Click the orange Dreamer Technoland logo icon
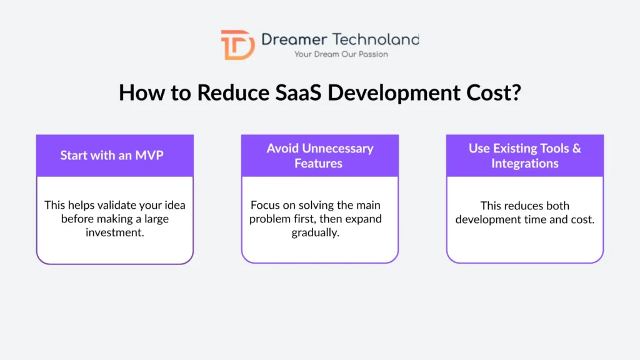pyautogui.click(x=237, y=44)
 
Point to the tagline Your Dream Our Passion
pyautogui.click(x=341, y=54)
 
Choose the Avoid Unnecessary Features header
pyautogui.click(x=320, y=156)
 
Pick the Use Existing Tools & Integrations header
pyautogui.click(x=525, y=156)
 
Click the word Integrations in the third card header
pyautogui.click(x=525, y=164)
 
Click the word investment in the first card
pyautogui.click(x=115, y=232)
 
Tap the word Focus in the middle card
pyautogui.click(x=265, y=206)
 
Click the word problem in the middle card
pyautogui.click(x=270, y=219)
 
